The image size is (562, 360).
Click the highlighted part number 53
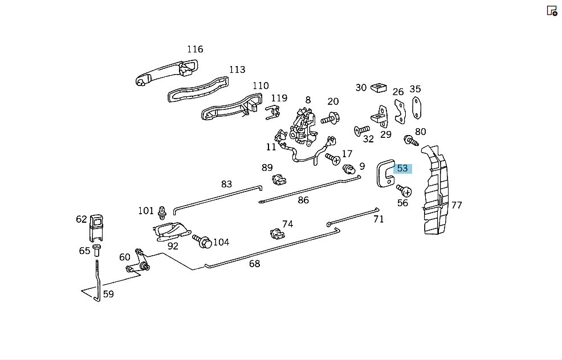402,169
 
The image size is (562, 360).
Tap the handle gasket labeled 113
198,89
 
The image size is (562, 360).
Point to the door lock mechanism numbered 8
304,127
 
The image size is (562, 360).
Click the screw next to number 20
331,118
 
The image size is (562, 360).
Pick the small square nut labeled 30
378,87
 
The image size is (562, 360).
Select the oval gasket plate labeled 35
416,108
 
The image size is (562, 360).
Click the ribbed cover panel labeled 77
435,190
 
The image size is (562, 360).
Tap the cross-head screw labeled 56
404,191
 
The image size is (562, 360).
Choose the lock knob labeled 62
96,227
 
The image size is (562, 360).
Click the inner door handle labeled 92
172,231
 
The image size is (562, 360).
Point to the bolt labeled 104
202,241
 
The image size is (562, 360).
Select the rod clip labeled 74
277,234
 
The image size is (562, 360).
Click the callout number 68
254,264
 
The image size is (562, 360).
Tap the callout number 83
226,184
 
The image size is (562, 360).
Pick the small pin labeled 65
96,250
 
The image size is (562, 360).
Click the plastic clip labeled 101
162,213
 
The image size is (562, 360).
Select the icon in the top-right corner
552,11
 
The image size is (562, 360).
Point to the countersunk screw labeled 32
361,130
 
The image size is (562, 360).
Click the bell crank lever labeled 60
137,261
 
